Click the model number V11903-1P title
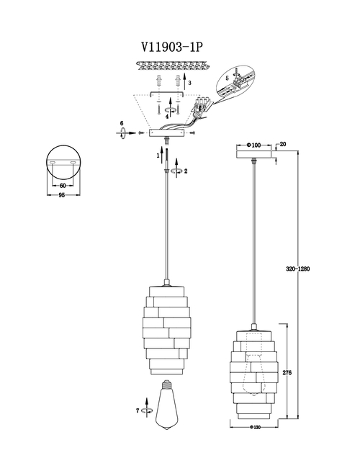pos(171,47)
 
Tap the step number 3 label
pos(190,83)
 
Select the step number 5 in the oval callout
pos(227,78)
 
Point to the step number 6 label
pos(122,123)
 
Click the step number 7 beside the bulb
pos(138,411)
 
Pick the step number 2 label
pos(186,171)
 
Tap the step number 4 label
pos(167,117)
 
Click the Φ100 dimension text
pos(253,145)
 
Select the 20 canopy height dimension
pos(283,144)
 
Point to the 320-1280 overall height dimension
pos(298,269)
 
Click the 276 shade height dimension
pos(287,373)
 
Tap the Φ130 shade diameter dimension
pos(255,428)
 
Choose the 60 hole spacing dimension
pos(63,186)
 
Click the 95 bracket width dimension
pos(61,195)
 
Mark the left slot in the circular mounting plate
pos(53,163)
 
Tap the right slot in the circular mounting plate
pos(73,163)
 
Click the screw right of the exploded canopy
pos(193,133)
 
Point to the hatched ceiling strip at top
pos(171,66)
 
